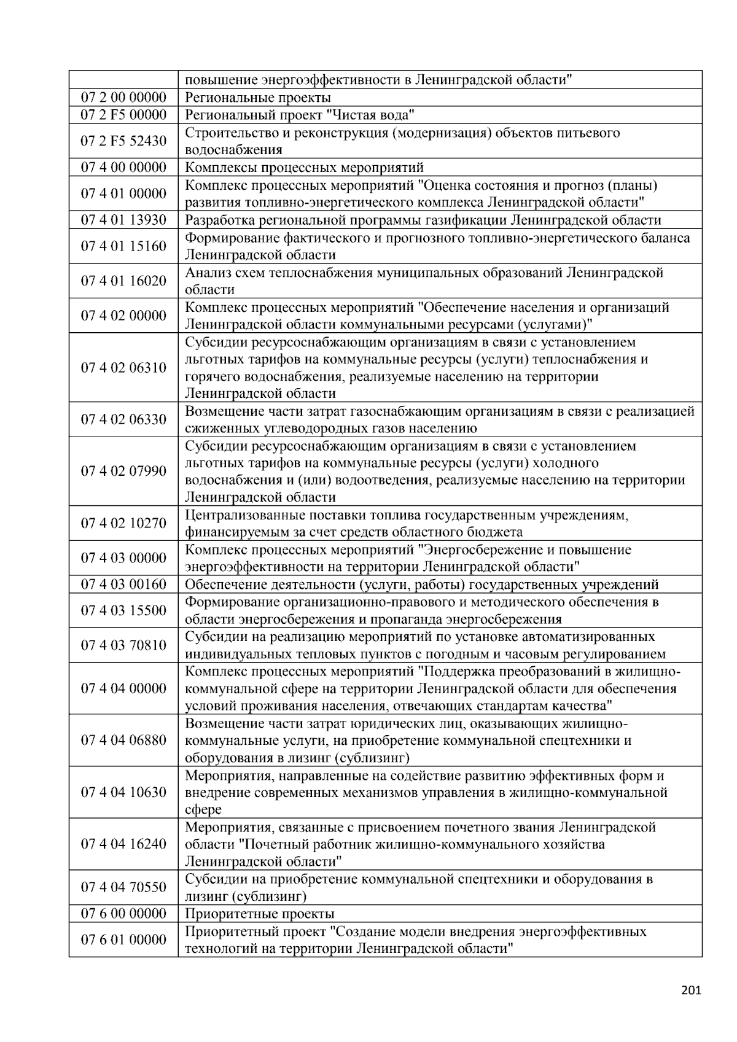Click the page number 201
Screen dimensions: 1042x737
tap(691, 990)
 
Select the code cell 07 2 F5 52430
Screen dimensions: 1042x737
tap(123, 141)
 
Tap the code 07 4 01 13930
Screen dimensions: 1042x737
tap(123, 220)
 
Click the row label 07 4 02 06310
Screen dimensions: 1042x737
tap(123, 368)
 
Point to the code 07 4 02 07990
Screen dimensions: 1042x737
tap(123, 472)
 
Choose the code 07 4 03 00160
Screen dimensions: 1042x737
tap(123, 585)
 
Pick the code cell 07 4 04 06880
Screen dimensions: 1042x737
tap(123, 740)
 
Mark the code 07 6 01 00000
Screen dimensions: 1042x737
tap(123, 940)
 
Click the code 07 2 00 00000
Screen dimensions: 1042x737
tap(123, 98)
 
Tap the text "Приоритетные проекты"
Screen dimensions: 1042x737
tap(259, 914)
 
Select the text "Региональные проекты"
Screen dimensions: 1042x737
tap(257, 98)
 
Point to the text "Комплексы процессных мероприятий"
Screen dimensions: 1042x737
tap(304, 168)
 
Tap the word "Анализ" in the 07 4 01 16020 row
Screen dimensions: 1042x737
tap(205, 273)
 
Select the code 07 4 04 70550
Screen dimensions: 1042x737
tap(123, 887)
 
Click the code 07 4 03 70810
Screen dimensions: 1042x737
tap(123, 645)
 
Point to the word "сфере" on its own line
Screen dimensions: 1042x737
tap(203, 809)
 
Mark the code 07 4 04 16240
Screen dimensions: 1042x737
tap(123, 844)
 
